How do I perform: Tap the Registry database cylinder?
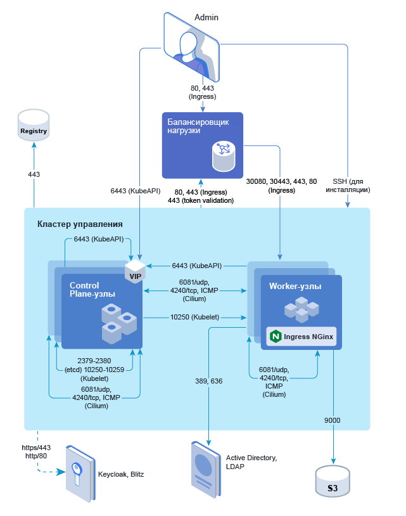pos(34,125)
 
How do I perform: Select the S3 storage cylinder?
pos(333,482)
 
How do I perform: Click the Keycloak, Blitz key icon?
pos(79,473)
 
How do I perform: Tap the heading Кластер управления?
pos(80,224)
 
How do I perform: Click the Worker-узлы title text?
pos(295,286)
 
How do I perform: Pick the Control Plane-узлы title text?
pos(93,290)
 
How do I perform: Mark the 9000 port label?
pos(333,420)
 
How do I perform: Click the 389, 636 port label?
pos(209,382)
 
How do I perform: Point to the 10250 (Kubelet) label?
pos(194,316)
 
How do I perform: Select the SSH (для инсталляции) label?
pos(347,185)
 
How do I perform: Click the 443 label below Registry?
pos(34,174)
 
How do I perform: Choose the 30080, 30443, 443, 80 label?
pos(281,185)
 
